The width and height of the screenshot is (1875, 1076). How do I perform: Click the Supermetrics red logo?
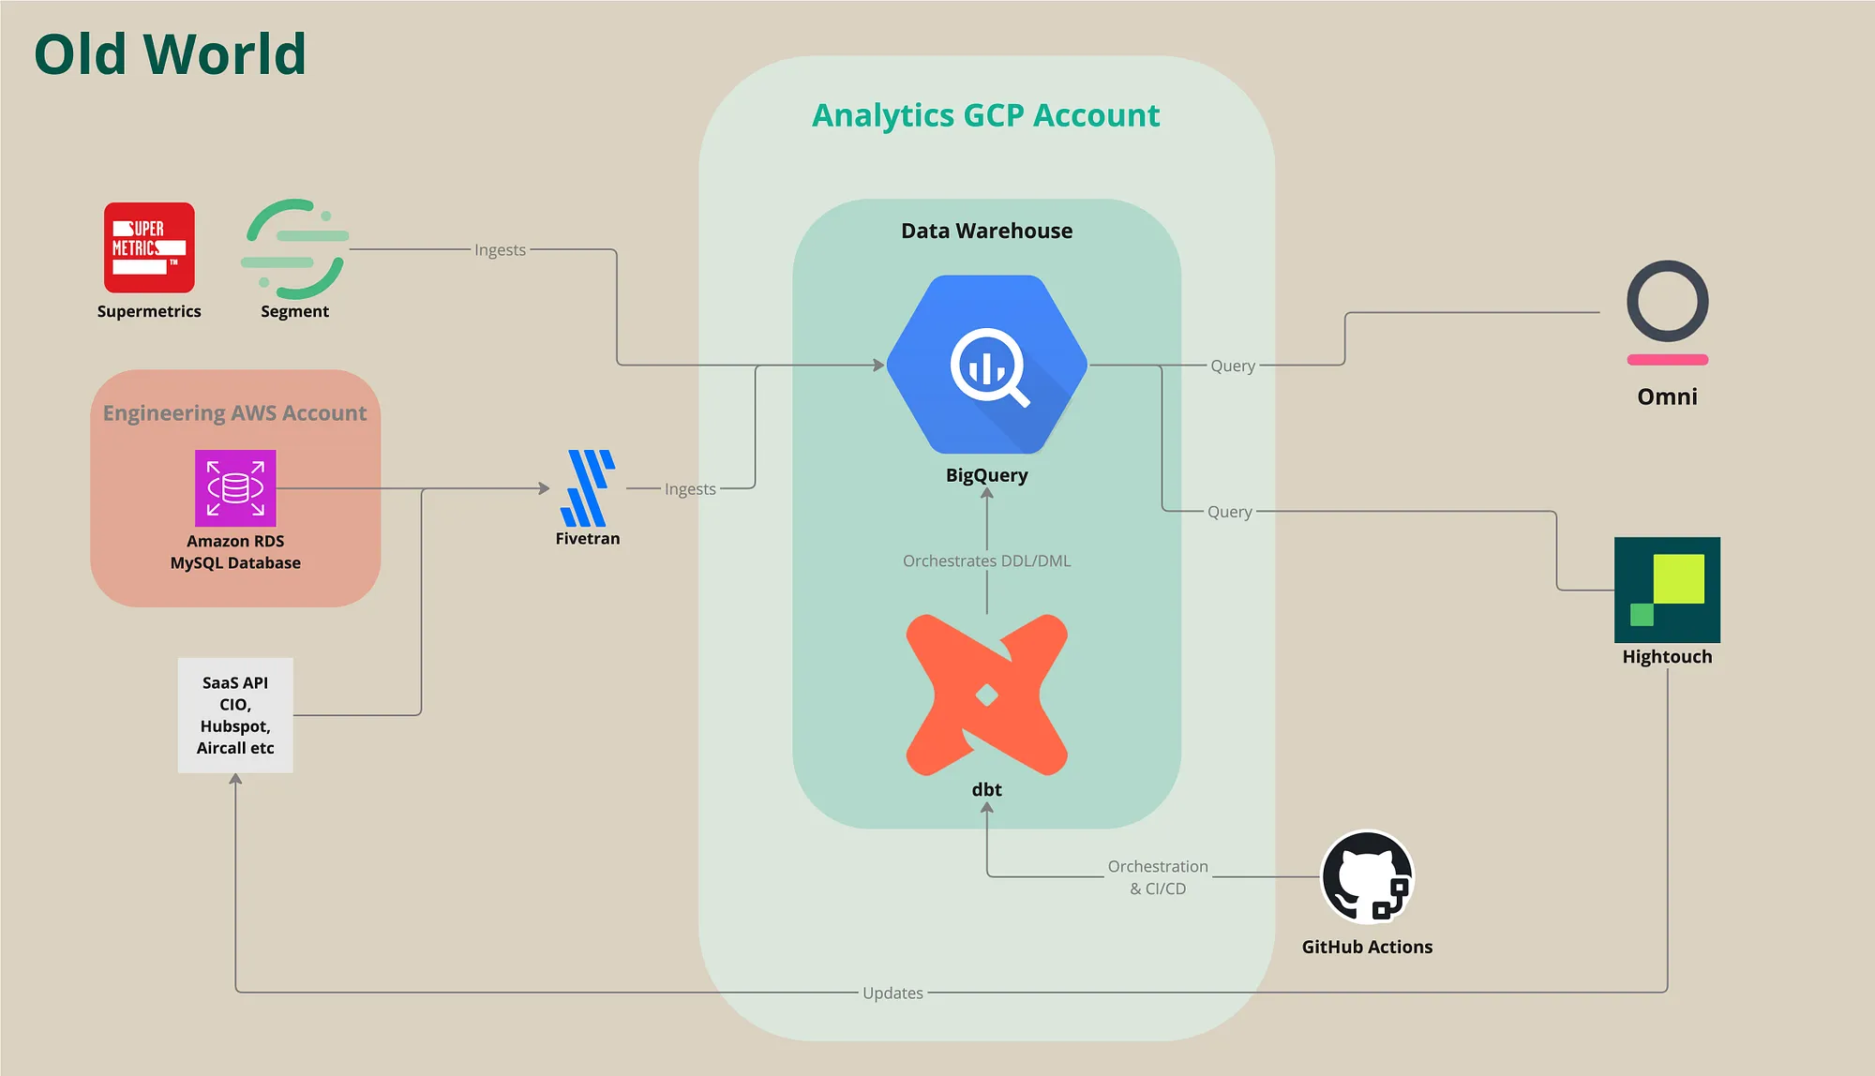pos(149,247)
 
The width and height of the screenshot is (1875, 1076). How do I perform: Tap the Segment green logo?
pos(295,249)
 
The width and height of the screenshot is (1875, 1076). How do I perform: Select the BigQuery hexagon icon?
pos(987,365)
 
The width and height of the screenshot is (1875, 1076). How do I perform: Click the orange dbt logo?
pos(987,695)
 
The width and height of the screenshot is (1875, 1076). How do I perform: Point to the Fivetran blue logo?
pos(588,487)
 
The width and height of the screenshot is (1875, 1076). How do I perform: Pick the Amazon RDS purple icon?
pos(235,487)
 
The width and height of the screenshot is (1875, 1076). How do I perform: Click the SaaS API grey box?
pos(235,715)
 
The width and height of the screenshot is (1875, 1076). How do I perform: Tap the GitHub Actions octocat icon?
pos(1367,877)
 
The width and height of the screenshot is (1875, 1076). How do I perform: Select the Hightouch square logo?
pos(1667,590)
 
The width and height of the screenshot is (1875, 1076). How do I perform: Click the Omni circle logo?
pos(1667,302)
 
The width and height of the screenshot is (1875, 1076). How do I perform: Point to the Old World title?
pos(170,54)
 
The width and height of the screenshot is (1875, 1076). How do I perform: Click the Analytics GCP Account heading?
pos(986,115)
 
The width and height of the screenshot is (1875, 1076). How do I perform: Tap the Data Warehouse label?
pos(986,231)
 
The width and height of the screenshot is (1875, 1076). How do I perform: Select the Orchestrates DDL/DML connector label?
pos(986,560)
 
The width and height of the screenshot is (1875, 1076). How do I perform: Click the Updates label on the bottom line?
pos(892,993)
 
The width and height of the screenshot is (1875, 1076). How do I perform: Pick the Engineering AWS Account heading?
pos(234,413)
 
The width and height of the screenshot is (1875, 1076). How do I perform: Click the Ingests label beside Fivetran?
pos(690,488)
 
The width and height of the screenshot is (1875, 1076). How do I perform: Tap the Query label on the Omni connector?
pos(1233,366)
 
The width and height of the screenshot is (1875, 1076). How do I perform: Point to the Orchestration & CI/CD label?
pos(1158,877)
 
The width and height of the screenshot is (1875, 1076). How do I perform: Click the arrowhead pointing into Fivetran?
pos(545,488)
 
